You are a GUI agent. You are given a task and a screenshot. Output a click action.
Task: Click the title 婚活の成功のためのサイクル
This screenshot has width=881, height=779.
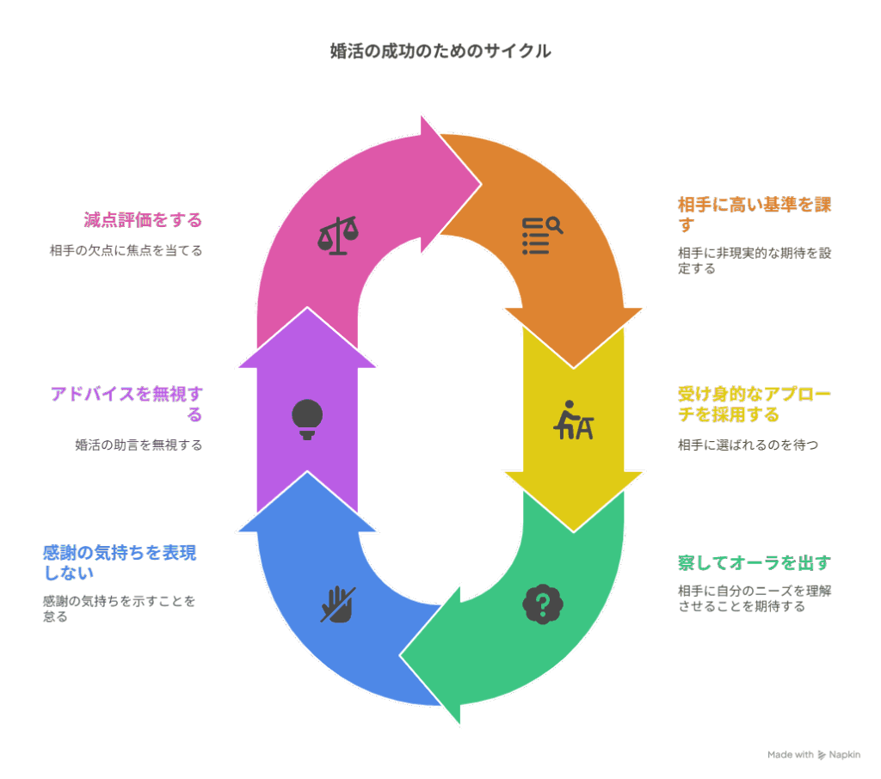pos(440,51)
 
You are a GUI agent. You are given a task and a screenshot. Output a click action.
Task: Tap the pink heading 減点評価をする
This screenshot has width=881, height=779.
pos(143,219)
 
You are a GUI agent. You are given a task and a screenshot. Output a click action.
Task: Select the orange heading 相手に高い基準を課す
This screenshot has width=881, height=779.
pos(754,214)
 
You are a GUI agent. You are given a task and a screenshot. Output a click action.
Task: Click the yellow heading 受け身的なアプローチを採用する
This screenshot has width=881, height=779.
pos(754,404)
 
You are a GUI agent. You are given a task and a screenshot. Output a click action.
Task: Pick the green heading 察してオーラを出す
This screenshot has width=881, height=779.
pos(754,562)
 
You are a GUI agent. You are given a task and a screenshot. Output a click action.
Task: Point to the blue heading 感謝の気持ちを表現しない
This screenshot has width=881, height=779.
pos(120,563)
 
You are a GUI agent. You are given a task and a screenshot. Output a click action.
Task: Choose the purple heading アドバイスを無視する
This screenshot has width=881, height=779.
pos(126,404)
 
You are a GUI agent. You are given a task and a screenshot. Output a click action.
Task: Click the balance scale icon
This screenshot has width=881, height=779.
pos(337,236)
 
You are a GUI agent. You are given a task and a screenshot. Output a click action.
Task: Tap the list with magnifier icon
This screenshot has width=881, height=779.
pos(542,236)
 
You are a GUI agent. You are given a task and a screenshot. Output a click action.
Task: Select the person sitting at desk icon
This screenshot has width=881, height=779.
pos(573,420)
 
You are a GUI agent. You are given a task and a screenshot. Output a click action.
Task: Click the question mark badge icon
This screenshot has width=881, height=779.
pos(542,604)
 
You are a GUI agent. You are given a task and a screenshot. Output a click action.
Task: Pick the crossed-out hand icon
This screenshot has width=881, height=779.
pos(337,604)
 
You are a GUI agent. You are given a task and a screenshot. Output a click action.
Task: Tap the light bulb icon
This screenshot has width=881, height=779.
pos(307,420)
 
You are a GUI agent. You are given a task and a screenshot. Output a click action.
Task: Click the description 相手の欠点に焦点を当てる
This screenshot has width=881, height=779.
pos(126,250)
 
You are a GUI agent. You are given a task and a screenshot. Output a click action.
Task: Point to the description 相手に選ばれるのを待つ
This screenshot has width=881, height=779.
pos(748,445)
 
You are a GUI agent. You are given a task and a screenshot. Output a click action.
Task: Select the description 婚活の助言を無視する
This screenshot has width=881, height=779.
pos(139,445)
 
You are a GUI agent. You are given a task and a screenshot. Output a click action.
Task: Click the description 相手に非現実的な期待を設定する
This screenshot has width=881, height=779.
pos(754,261)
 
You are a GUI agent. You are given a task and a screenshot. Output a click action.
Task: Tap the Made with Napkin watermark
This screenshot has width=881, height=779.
pos(814,755)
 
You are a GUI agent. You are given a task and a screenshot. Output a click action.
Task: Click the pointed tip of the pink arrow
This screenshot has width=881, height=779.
pos(481,184)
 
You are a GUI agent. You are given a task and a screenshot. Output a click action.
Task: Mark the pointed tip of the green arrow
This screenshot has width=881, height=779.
pos(400,655)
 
